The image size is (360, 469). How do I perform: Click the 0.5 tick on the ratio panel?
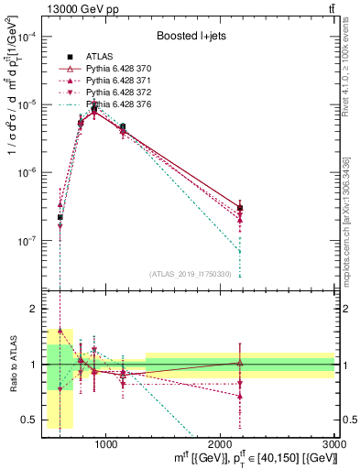click(32, 420)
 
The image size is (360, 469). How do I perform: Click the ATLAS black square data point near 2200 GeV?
click(240, 208)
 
